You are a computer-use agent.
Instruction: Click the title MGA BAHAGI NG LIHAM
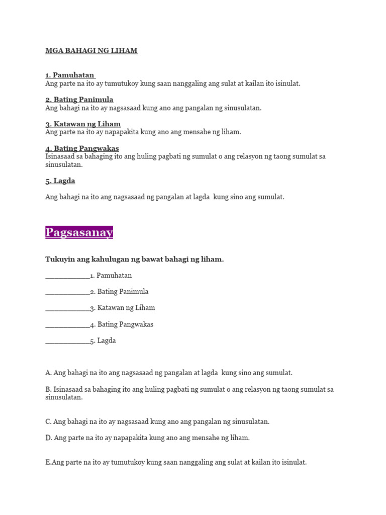coord(91,51)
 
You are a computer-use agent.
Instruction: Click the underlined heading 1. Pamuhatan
coord(70,75)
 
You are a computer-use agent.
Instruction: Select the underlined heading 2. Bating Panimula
coord(79,100)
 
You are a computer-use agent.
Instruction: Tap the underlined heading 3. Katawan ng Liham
coord(83,124)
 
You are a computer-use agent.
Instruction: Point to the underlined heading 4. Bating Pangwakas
coord(82,148)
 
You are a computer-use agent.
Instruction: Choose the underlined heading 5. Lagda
coord(60,181)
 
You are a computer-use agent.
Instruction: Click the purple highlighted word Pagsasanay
coord(79,232)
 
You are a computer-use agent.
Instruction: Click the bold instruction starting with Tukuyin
coord(134,259)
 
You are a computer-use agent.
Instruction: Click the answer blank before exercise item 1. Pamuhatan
coord(67,276)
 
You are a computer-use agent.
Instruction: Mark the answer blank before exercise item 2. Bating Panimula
coord(67,292)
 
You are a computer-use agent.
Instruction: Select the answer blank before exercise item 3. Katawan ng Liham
coord(67,308)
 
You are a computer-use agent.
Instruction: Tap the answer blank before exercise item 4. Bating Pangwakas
coord(67,325)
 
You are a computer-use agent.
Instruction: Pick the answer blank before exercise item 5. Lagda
coord(67,341)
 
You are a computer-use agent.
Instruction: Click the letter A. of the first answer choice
coord(48,373)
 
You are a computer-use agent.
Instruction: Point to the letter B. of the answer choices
coord(48,389)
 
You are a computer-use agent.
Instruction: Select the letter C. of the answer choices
coord(48,421)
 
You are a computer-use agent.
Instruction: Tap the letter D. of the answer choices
coord(49,438)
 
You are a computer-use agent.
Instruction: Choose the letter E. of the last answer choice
coord(48,462)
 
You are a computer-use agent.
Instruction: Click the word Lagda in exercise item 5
coord(107,340)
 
